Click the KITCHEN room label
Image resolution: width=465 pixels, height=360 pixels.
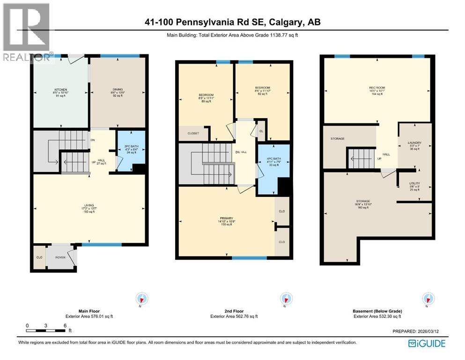[60, 90]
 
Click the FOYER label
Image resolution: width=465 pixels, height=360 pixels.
[61, 257]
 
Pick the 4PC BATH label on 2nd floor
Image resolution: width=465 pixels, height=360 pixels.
[273, 158]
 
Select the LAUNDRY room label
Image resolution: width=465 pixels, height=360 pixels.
[414, 143]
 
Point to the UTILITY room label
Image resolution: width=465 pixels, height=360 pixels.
[414, 183]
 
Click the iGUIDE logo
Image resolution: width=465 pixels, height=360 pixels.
[426, 343]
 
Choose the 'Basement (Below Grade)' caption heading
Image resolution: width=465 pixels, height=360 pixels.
[377, 311]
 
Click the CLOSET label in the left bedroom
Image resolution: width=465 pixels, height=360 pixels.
[193, 133]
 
